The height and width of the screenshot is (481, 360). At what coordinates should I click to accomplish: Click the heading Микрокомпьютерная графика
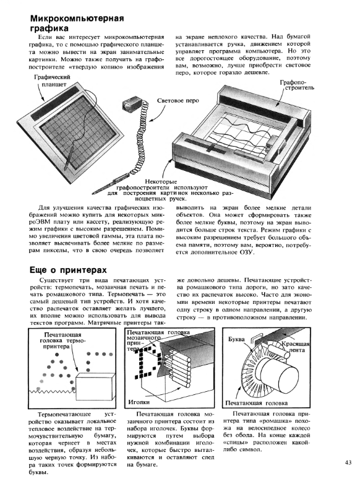(x=77, y=24)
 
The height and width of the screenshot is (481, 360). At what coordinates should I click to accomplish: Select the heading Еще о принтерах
(x=68, y=270)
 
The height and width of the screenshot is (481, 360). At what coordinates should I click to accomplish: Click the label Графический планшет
(x=51, y=81)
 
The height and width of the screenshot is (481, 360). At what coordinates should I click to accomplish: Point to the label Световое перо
(x=178, y=101)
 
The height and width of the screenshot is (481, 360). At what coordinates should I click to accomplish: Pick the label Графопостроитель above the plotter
(x=297, y=85)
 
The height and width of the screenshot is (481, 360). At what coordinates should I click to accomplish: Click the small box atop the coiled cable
(x=131, y=103)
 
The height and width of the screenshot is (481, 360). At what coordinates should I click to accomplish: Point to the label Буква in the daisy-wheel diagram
(x=236, y=339)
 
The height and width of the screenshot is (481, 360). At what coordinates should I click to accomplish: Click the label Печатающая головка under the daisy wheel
(x=256, y=403)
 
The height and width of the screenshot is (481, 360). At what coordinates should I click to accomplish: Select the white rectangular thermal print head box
(x=95, y=386)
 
